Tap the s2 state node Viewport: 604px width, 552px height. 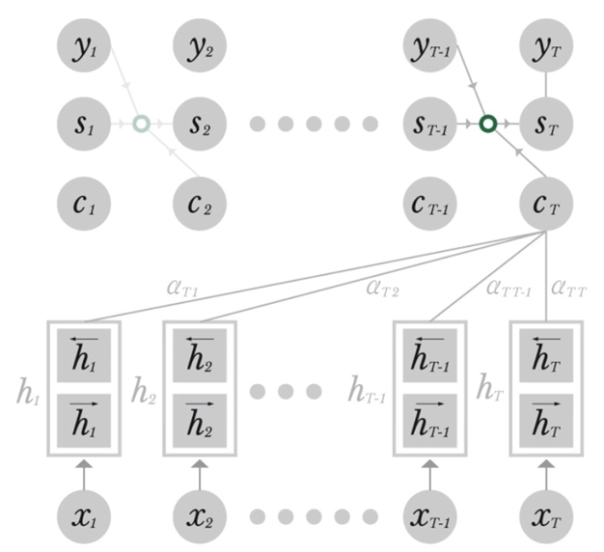(x=200, y=124)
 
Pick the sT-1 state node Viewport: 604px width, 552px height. (x=430, y=124)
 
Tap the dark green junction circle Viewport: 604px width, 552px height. (x=488, y=124)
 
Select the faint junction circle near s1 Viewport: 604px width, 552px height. (x=141, y=124)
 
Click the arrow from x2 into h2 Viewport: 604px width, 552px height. (x=200, y=472)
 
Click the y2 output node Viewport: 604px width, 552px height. (x=200, y=49)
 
